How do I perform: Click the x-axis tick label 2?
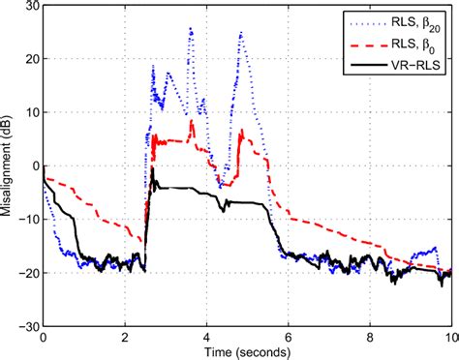point(125,339)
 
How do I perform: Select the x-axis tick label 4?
point(206,339)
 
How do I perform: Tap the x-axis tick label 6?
point(288,339)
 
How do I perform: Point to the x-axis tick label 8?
point(370,339)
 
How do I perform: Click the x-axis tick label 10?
point(449,339)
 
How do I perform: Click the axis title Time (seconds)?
point(247,352)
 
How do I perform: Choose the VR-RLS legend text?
point(414,63)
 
